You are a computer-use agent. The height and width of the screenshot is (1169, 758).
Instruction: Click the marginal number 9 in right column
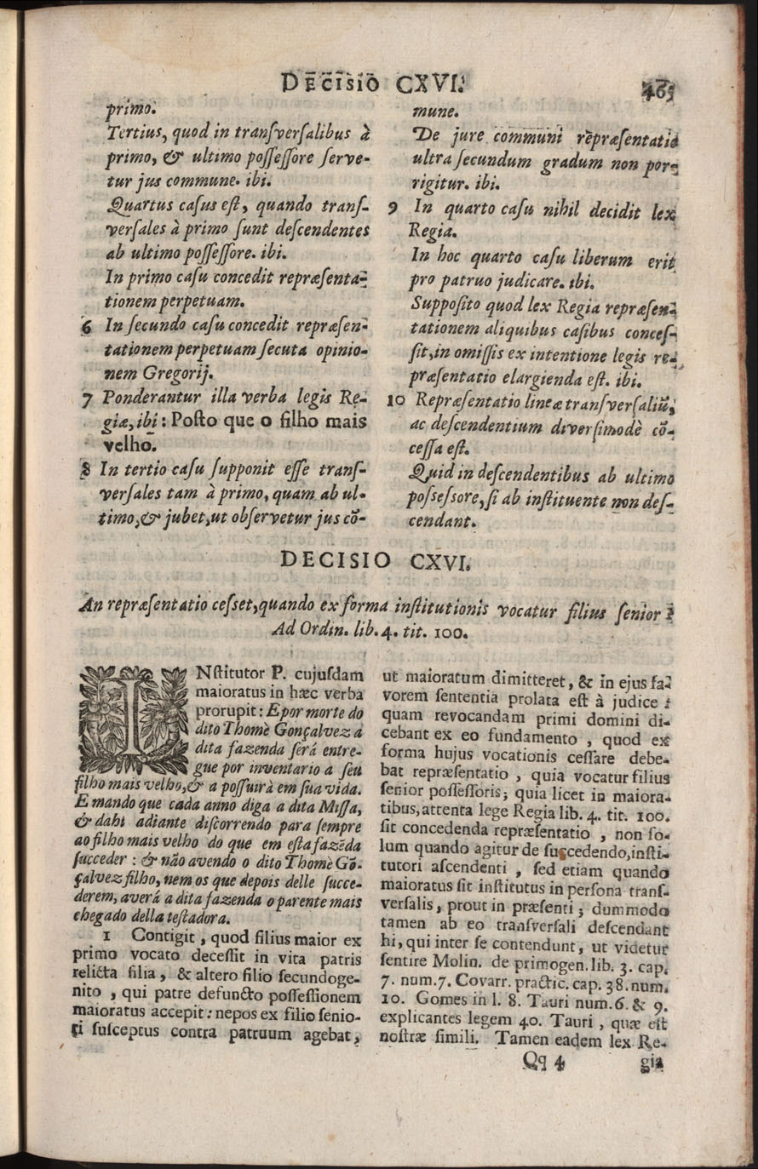(391, 207)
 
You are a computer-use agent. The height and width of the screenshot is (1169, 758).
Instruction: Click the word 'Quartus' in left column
(134, 205)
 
